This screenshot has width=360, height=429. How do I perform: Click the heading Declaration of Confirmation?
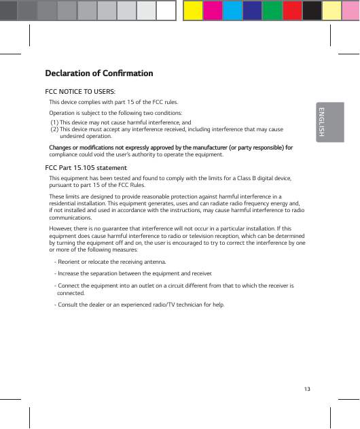point(98,73)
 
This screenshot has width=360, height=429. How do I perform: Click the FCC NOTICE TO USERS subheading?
point(79,91)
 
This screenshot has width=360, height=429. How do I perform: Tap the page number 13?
point(308,388)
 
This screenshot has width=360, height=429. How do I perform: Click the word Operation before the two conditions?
point(63,113)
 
